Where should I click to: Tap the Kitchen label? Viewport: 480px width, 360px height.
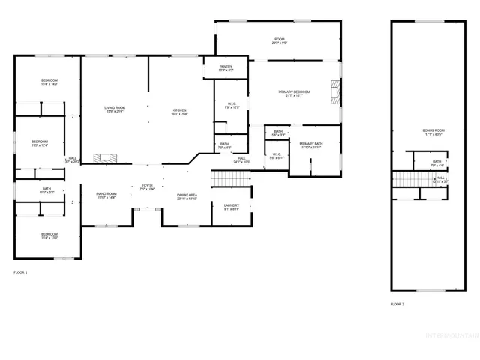pos(178,112)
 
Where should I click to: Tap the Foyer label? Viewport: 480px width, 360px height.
pos(147,187)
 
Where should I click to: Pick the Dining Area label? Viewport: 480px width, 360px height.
pos(187,196)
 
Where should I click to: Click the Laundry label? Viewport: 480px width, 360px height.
pos(231,207)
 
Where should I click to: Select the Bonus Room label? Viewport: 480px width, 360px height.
pos(433,133)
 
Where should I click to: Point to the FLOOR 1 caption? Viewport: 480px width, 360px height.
pos(20,271)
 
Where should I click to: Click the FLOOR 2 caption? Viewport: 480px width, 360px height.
pos(397,304)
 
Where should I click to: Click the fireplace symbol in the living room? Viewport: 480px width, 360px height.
pos(106,158)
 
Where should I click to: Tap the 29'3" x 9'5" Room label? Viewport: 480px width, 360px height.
pos(280,40)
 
